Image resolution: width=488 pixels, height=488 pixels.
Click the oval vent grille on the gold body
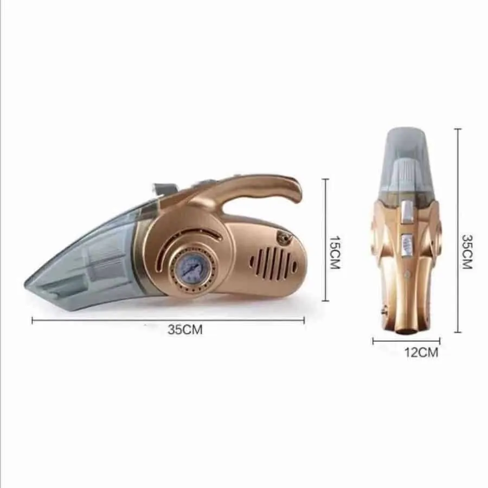point(273,262)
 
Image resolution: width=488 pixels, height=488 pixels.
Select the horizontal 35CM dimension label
point(185,329)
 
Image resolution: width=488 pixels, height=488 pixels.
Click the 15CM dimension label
point(335,252)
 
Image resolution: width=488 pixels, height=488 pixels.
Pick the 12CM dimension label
point(421,352)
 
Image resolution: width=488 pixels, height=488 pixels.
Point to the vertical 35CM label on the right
point(467,252)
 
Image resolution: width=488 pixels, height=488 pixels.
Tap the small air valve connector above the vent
point(284,239)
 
